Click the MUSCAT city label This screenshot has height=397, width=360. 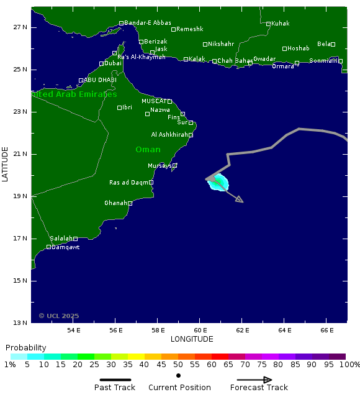coord(154,101)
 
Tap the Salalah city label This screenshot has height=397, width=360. coord(61,239)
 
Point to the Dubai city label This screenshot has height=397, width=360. coord(113,63)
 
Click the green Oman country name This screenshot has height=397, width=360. coord(148,149)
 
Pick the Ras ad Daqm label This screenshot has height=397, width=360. coord(129,182)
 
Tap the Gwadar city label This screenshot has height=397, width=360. coord(264,58)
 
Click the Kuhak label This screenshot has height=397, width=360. coord(281,24)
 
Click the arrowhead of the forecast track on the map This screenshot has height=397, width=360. coord(241,201)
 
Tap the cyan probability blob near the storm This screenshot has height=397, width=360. coord(219,183)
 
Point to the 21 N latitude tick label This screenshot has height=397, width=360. coord(20,154)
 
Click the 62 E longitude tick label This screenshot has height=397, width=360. coord(243,330)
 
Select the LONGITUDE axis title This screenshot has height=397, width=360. coord(192,339)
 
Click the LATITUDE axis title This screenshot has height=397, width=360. coord(6,164)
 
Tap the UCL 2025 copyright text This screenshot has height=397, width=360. coord(59,316)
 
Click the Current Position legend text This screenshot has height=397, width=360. coord(179,387)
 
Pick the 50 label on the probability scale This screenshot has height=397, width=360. coord(178,365)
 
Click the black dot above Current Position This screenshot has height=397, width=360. coord(178,375)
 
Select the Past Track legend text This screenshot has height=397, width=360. coord(115,387)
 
